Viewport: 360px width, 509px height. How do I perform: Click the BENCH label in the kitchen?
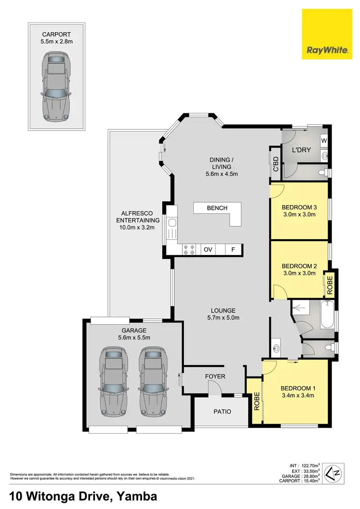pos(217,208)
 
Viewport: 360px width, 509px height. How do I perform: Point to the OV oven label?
pos(208,250)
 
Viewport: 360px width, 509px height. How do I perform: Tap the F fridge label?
pos(233,250)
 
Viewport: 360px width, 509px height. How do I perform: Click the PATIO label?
pos(222,412)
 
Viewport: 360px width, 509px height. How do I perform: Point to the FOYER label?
pos(215,376)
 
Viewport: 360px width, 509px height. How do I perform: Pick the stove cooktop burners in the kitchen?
pos(189,250)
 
